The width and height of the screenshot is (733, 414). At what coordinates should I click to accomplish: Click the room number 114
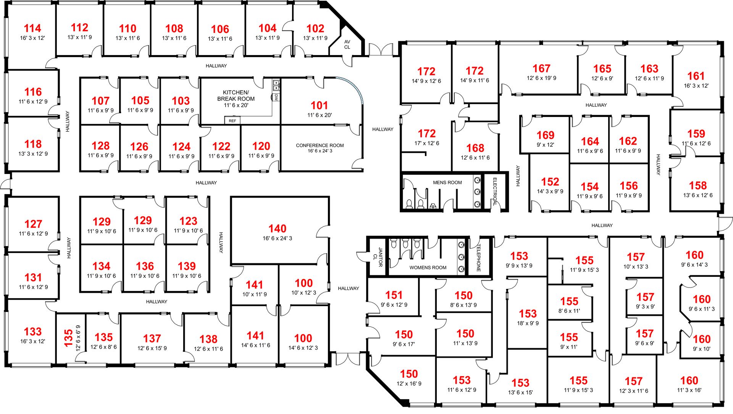click(32, 28)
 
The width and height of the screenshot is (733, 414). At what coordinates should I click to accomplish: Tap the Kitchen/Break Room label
click(236, 96)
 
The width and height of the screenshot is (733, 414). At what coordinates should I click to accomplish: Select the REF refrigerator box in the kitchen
click(232, 121)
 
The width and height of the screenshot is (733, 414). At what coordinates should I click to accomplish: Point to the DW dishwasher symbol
click(276, 97)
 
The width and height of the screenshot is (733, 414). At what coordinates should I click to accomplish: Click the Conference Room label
click(320, 145)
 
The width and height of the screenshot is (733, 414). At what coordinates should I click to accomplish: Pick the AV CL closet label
click(347, 45)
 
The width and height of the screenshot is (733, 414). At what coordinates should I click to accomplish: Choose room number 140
click(277, 229)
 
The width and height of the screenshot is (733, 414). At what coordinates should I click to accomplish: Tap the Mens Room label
click(447, 182)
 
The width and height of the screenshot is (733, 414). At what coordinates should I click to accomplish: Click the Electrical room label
click(495, 191)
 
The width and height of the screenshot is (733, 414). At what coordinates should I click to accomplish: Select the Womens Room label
click(428, 268)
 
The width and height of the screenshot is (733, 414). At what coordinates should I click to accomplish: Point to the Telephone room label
click(479, 258)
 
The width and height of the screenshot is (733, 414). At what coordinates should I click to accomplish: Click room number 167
click(541, 68)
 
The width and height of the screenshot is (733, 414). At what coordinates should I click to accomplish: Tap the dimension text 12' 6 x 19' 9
click(541, 78)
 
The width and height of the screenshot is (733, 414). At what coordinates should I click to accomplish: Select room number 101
click(319, 105)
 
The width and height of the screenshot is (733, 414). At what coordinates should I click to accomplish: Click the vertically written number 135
click(69, 338)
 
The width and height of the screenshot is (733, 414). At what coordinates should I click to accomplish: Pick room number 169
click(545, 135)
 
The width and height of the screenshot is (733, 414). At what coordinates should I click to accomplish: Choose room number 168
click(475, 148)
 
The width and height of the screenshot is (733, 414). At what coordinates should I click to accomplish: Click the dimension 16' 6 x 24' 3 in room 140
click(277, 238)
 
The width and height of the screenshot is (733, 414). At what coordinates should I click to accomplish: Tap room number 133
click(33, 331)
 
